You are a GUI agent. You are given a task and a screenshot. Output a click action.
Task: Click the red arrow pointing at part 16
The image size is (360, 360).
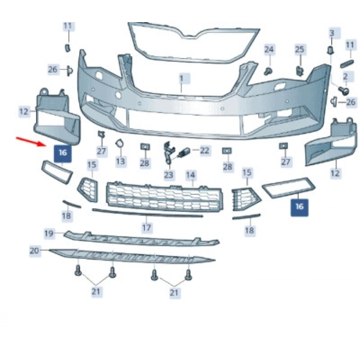pyautogui.click(x=31, y=141)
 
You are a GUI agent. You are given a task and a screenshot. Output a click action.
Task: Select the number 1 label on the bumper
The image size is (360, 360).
pyautogui.click(x=182, y=79)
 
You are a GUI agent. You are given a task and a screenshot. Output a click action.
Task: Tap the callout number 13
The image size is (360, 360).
pyautogui.click(x=120, y=161)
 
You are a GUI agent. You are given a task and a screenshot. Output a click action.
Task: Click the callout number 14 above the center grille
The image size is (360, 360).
pyautogui.click(x=191, y=175)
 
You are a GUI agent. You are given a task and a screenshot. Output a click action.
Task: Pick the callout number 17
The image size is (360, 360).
pyautogui.click(x=147, y=227)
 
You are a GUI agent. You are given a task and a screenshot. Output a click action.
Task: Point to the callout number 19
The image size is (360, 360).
pyautogui.click(x=49, y=233)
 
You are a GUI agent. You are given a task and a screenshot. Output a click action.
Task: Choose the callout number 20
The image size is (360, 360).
pyautogui.click(x=34, y=250)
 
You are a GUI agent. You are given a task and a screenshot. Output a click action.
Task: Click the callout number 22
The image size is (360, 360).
pyautogui.click(x=205, y=151)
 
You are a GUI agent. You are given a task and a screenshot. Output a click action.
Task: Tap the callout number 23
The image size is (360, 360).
pyautogui.click(x=169, y=175)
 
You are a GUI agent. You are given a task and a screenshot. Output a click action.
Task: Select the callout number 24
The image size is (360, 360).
pyautogui.click(x=269, y=49)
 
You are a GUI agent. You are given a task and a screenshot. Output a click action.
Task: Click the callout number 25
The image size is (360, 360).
pyautogui.click(x=300, y=49)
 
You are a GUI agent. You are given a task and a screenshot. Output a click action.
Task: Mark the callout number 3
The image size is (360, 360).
pyautogui.click(x=332, y=33)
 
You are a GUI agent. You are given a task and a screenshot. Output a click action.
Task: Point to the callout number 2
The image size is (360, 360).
pyautogui.click(x=346, y=77)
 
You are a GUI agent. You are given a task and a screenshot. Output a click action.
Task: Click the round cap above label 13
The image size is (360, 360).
pyautogui.click(x=119, y=143)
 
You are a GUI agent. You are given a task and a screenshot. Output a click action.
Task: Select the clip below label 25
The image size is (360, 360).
pyautogui.click(x=300, y=70)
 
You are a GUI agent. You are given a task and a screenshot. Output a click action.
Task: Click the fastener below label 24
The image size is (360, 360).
pyautogui.click(x=268, y=71)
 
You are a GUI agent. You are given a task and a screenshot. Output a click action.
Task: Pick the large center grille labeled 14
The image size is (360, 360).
pyautogui.click(x=165, y=196)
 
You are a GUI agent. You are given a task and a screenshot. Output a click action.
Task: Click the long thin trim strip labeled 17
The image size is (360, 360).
pyautogui.click(x=148, y=213)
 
